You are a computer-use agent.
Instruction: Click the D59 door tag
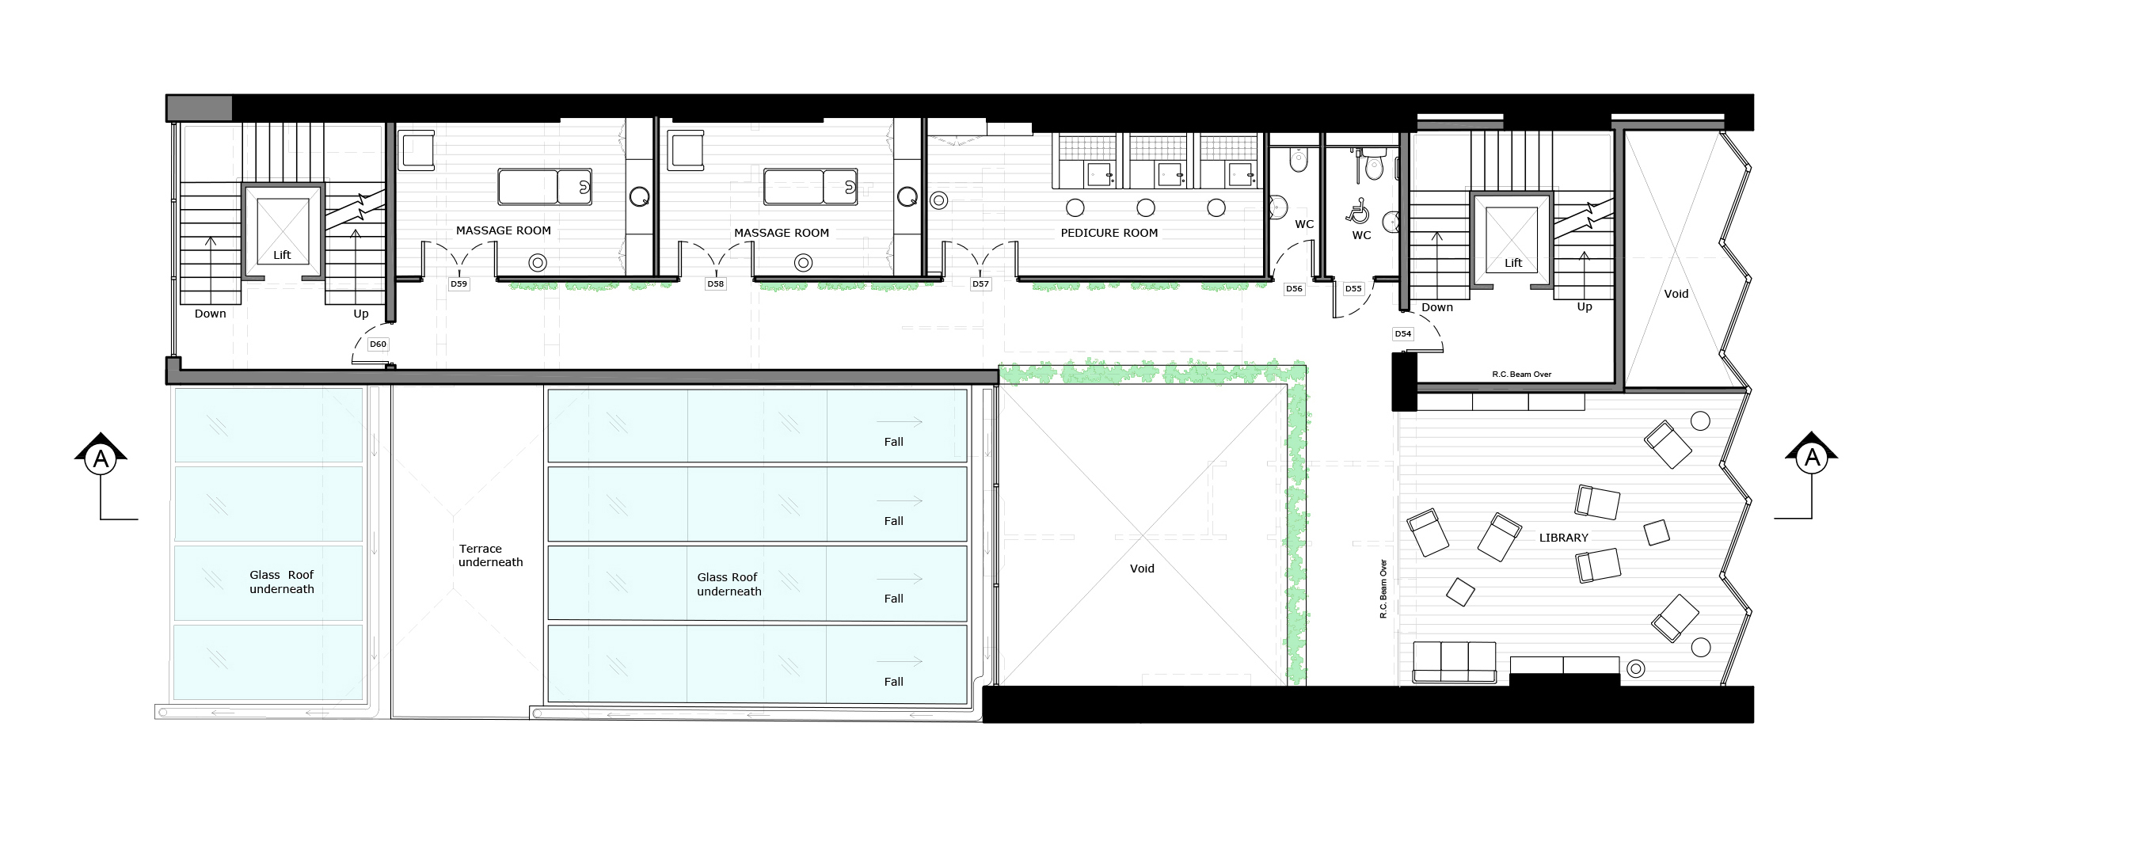click(458, 284)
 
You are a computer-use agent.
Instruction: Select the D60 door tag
click(378, 344)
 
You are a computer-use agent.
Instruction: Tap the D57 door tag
click(980, 284)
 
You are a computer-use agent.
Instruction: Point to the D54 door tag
click(1402, 334)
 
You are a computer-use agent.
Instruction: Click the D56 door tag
click(1294, 289)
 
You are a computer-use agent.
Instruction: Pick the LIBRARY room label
click(1563, 538)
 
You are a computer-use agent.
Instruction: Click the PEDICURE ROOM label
click(1109, 233)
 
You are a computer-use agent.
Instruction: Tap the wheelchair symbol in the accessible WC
click(1358, 211)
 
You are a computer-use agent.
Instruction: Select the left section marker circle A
click(101, 458)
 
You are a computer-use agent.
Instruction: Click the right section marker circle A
click(1812, 457)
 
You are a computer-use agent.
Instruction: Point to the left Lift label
click(282, 255)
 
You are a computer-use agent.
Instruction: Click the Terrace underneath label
click(491, 555)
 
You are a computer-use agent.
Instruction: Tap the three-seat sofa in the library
click(1455, 663)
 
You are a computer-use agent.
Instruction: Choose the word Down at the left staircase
click(211, 314)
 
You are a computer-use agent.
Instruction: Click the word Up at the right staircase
click(1585, 306)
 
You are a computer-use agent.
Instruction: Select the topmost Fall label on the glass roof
click(894, 442)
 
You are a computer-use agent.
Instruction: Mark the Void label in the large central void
click(1142, 569)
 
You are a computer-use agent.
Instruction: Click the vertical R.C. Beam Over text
click(1383, 588)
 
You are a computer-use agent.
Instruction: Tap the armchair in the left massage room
click(417, 150)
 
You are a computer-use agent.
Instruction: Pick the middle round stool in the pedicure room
click(1146, 207)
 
